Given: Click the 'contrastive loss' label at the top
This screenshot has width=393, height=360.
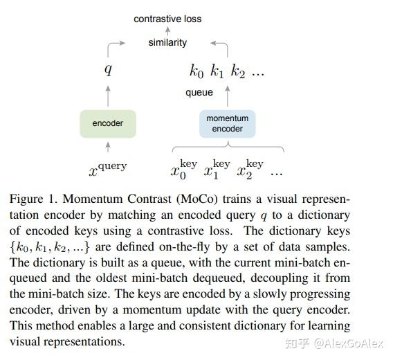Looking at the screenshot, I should click(167, 19).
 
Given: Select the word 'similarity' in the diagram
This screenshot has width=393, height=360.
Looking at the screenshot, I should click(167, 42).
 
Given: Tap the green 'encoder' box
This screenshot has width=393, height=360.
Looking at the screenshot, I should click(107, 123).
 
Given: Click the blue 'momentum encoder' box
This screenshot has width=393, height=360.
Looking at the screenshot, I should click(227, 123).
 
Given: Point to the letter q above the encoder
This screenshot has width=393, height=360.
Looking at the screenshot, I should click(107, 69).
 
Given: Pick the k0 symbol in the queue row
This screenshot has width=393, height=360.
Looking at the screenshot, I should click(196, 71).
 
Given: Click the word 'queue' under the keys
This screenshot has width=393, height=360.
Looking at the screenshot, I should click(199, 92).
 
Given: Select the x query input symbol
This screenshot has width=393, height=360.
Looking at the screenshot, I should click(108, 167).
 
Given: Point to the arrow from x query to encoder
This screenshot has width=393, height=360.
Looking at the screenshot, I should click(107, 146).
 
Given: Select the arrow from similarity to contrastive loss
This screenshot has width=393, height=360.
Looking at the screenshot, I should click(167, 30).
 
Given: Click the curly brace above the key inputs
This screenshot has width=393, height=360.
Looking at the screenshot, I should click(227, 147).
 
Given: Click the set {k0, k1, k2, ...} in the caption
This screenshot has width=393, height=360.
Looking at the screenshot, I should click(55, 246).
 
